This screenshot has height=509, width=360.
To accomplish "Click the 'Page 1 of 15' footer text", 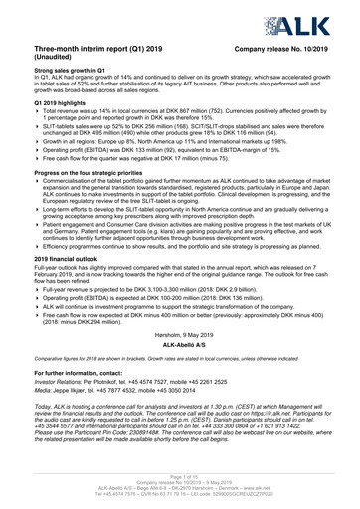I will point(180,478).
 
